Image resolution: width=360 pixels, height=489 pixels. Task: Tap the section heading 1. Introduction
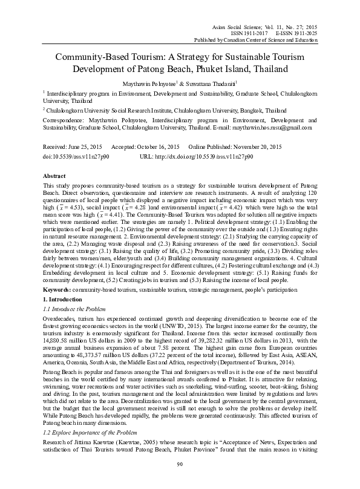click(x=65, y=300)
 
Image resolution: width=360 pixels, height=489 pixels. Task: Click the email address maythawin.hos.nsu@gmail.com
click(x=273, y=128)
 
